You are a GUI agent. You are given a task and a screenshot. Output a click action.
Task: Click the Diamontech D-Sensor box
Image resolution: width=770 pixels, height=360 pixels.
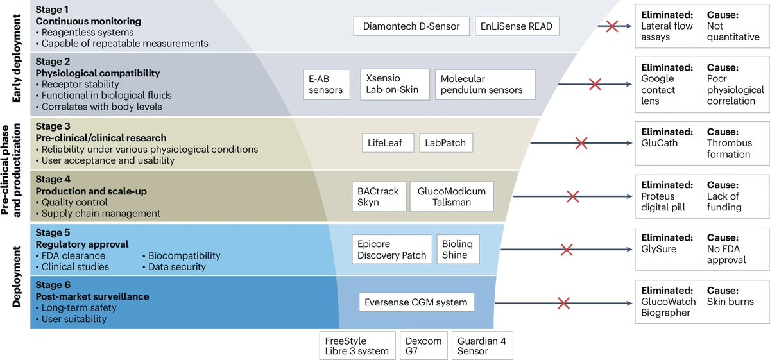pos(411,26)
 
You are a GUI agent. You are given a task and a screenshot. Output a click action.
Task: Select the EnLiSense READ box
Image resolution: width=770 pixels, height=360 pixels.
pos(517,26)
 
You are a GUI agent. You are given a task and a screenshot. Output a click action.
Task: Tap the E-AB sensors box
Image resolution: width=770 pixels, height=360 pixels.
pos(327,84)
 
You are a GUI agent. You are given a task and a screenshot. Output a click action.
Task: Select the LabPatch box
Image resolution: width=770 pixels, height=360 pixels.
pos(446,143)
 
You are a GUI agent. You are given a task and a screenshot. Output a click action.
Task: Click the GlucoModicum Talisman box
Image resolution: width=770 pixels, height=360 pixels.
pos(452,196)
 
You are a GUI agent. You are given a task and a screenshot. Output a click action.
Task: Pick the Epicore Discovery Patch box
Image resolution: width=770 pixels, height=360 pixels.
pos(391,250)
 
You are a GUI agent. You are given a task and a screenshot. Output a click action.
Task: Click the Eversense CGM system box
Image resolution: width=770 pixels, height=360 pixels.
pos(416,302)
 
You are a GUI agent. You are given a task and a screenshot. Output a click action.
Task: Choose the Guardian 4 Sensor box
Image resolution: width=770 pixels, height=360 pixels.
pos(482,345)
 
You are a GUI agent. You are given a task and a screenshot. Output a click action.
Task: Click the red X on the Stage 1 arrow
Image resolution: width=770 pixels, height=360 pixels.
pos(612,27)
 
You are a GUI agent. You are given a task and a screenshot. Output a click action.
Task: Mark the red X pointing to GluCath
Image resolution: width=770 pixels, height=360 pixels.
pos(581,143)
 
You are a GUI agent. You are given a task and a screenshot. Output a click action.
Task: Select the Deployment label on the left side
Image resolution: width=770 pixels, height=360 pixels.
pos(14,276)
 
